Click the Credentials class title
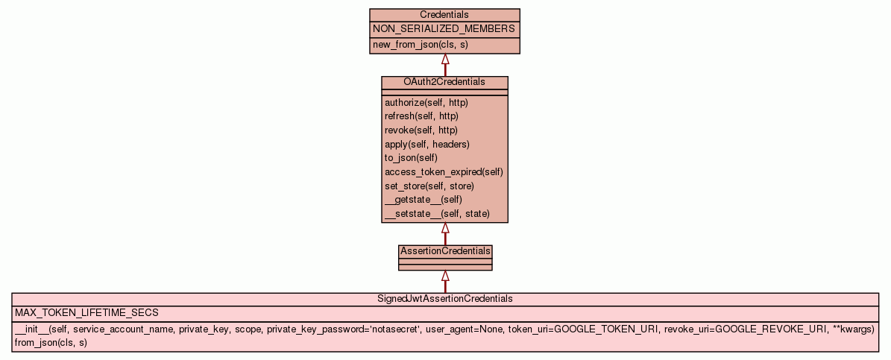[x=444, y=15]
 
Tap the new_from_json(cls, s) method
[x=421, y=45]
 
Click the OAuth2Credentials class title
[x=444, y=82]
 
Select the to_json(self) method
[x=411, y=158]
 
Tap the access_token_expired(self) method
[x=444, y=172]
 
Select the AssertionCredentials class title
[x=445, y=251]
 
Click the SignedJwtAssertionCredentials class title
[x=445, y=299]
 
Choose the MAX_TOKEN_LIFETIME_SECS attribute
[x=86, y=313]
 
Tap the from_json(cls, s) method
[x=51, y=343]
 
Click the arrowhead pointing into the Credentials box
[x=445, y=59]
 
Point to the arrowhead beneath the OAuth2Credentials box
[x=445, y=228]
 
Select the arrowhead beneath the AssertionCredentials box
[x=445, y=276]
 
